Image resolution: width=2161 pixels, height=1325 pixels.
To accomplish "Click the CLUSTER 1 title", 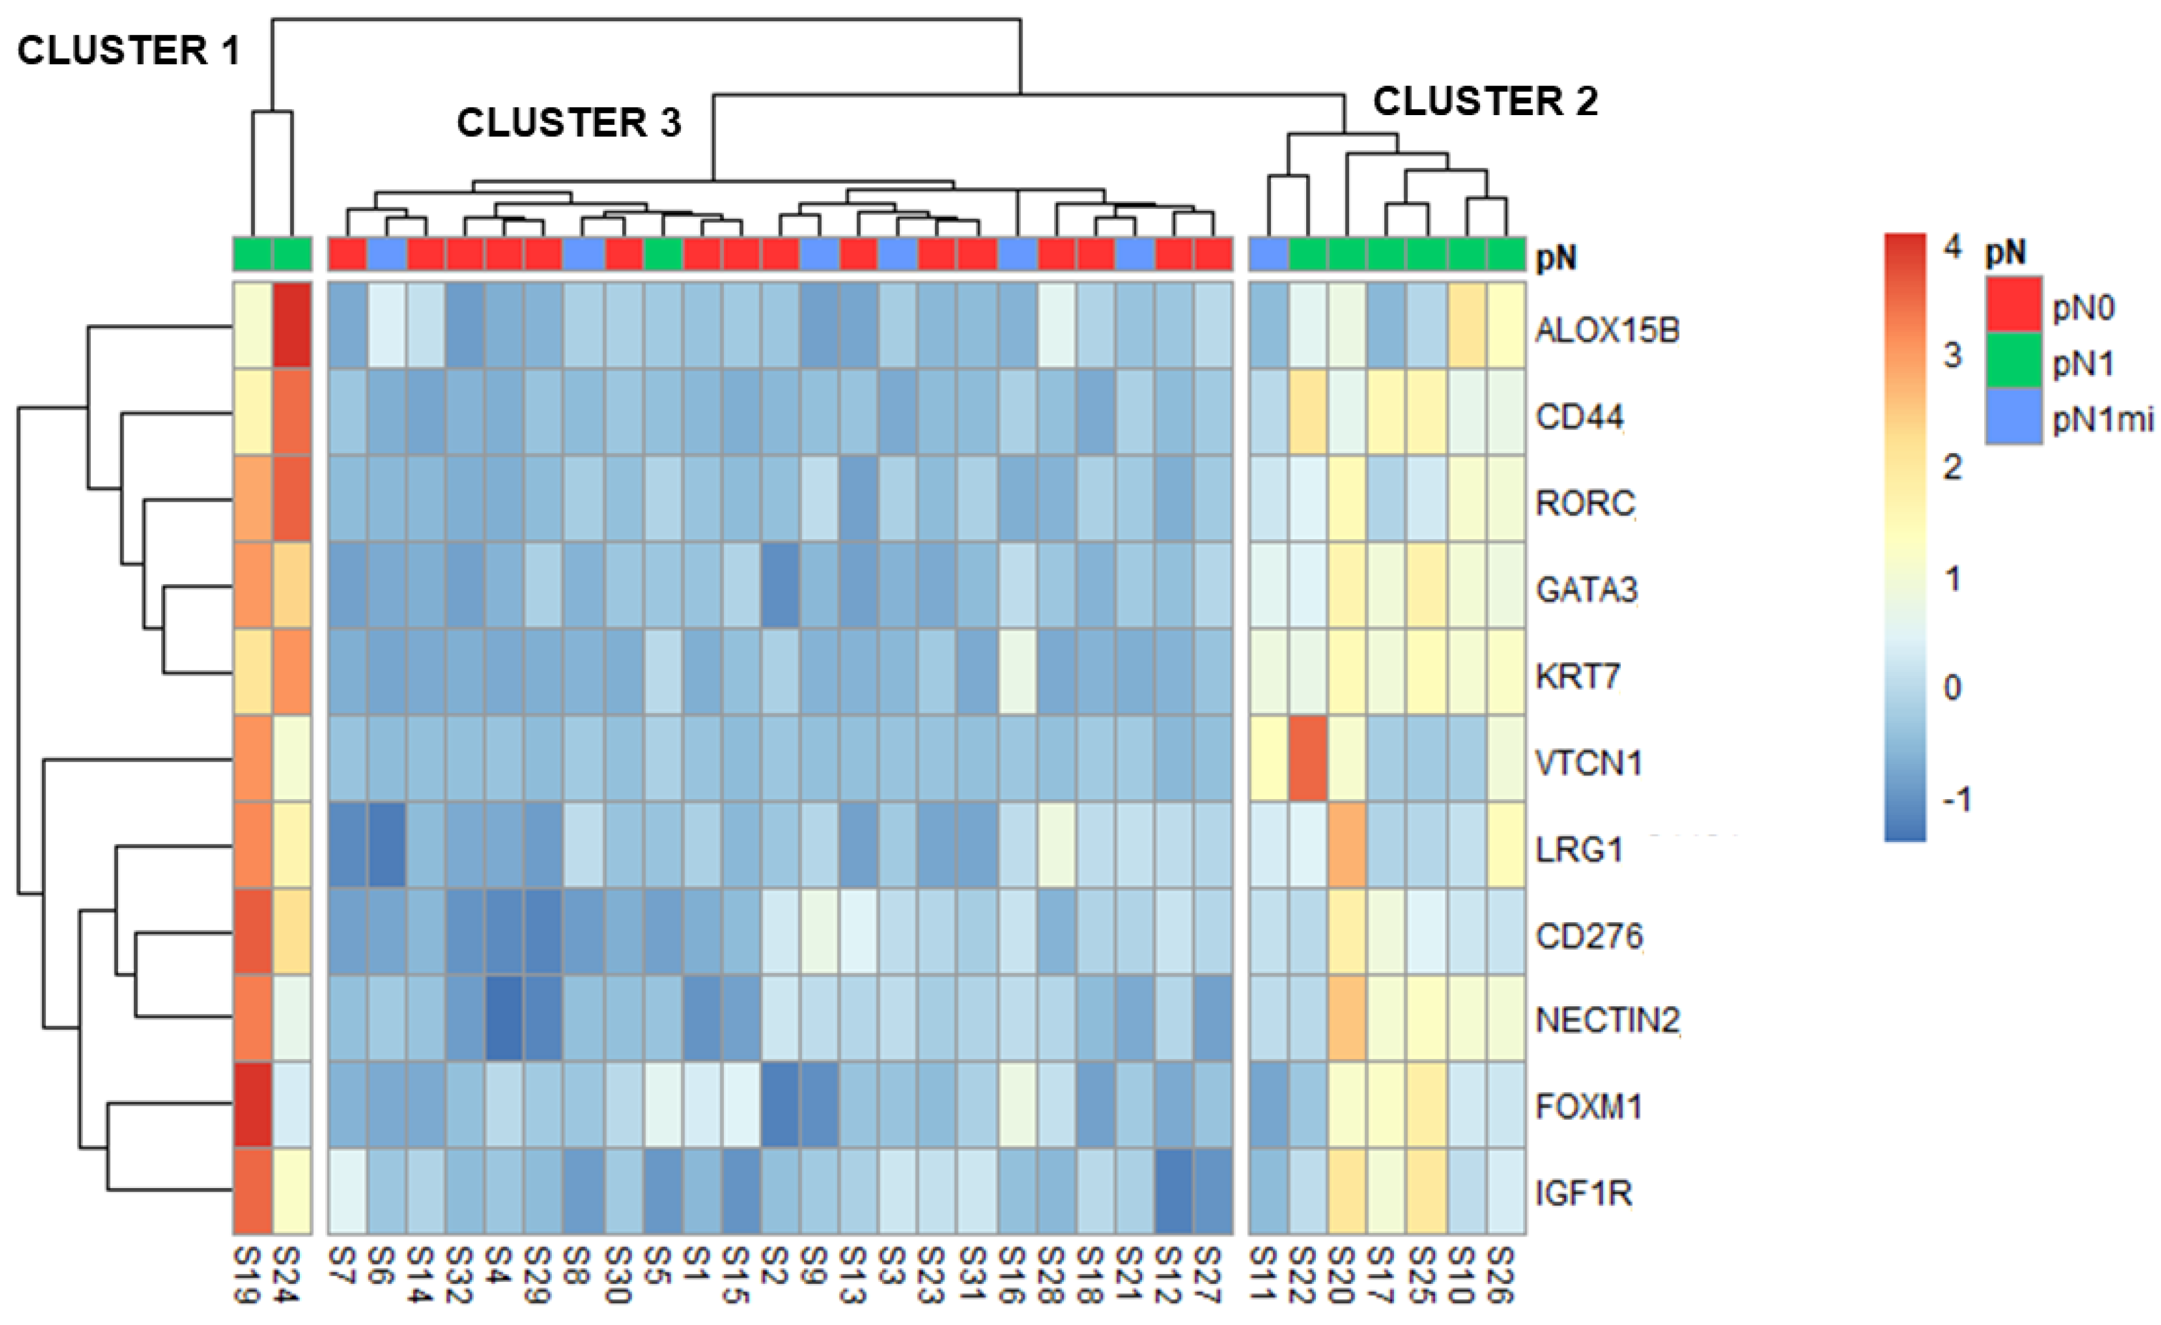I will tap(129, 51).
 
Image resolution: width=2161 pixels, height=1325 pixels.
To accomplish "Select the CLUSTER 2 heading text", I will tap(1485, 102).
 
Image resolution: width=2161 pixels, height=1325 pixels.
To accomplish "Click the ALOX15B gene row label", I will tap(1607, 331).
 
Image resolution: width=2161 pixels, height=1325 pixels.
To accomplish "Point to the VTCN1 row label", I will tap(1588, 763).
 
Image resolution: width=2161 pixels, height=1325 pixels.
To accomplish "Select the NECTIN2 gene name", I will tap(1607, 1020).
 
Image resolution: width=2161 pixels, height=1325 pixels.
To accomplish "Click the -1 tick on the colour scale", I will tap(1956, 800).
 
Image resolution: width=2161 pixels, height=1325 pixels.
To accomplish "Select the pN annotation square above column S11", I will tap(1268, 254).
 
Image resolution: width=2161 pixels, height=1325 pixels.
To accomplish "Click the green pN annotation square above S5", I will tap(663, 254).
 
